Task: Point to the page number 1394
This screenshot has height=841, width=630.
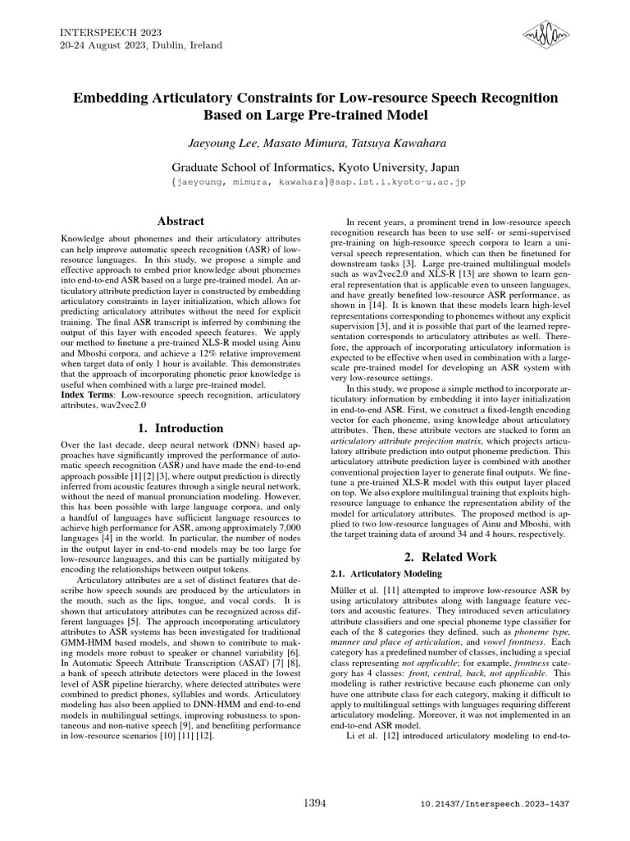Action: pyautogui.click(x=315, y=801)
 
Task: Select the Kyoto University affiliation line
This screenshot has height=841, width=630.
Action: pyautogui.click(x=314, y=165)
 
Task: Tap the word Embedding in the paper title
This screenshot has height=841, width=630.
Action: pyautogui.click(x=108, y=98)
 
